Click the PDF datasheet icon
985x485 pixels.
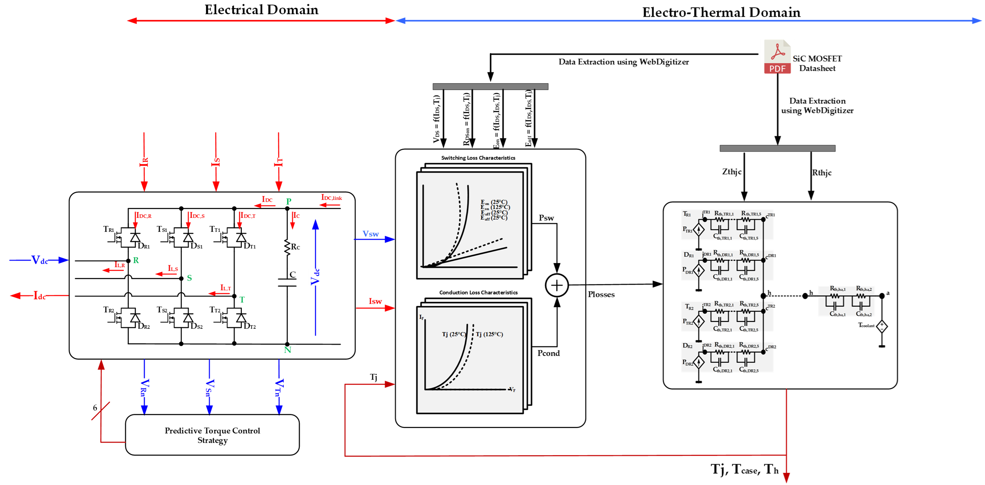(x=777, y=57)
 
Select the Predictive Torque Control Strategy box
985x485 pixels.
(x=212, y=435)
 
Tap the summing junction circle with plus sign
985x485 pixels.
(x=557, y=285)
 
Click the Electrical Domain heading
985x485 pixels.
(x=261, y=9)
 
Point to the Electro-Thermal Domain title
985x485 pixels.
(x=721, y=12)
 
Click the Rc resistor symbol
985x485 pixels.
(x=287, y=247)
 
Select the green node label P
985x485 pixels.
(x=289, y=201)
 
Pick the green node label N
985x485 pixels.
(x=287, y=350)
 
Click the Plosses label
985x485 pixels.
(x=601, y=295)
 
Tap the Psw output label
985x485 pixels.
(x=546, y=218)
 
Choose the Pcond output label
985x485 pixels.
(x=548, y=353)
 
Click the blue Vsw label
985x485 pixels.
(x=371, y=234)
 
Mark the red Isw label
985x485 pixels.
(x=375, y=301)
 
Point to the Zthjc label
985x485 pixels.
(x=732, y=172)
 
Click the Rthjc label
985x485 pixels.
(x=822, y=173)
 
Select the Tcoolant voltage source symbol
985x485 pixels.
(x=882, y=327)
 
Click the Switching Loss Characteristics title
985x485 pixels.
(x=478, y=158)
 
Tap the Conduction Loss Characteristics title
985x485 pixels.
(x=478, y=292)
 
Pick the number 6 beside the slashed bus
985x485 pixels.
(x=95, y=408)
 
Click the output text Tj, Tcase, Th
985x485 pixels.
(x=744, y=469)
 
